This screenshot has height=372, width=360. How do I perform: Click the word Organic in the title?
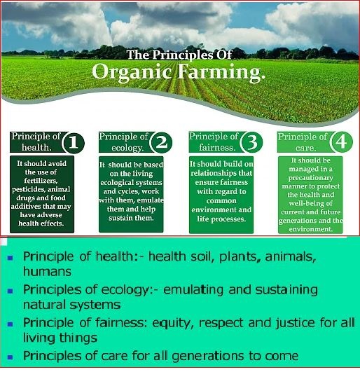tap(132, 72)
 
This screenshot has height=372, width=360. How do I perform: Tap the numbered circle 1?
tap(73, 143)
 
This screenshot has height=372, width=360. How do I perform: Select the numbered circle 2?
tap(162, 143)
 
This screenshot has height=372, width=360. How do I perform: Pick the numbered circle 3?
tap(251, 143)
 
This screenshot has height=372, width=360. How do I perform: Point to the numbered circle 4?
tap(341, 143)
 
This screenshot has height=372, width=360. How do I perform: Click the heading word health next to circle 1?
tap(35, 148)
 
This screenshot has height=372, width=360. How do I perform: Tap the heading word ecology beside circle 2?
tap(127, 148)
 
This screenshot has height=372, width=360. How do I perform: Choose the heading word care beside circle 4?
tap(305, 149)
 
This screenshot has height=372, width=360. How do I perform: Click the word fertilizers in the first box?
tap(41, 181)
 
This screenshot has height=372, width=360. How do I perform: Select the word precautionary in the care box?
tap(311, 178)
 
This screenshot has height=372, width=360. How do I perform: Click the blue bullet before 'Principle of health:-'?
tap(10, 258)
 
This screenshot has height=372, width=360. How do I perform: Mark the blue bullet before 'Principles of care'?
tap(10, 357)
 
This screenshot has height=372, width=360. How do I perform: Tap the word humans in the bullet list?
tap(47, 271)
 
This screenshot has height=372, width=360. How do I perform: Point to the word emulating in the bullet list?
tap(193, 291)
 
